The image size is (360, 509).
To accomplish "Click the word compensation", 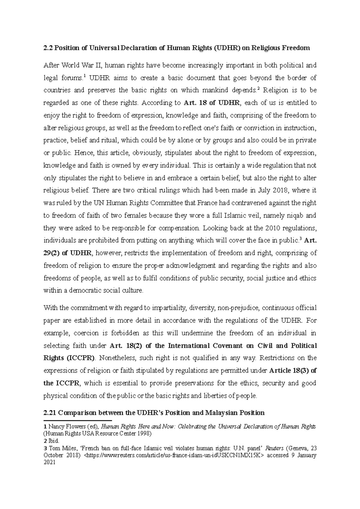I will (x=179, y=228).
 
